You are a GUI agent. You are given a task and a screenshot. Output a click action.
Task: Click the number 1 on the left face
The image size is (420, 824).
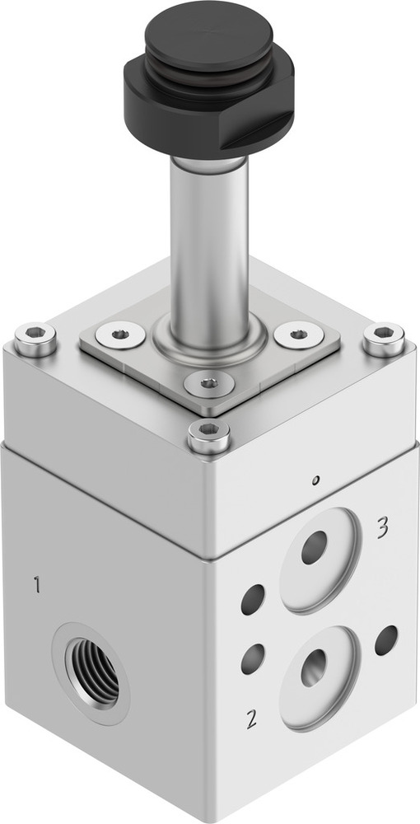(x=36, y=586)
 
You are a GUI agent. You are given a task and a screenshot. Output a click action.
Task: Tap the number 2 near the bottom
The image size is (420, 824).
(x=251, y=718)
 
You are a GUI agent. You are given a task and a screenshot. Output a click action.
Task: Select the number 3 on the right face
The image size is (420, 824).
(x=382, y=527)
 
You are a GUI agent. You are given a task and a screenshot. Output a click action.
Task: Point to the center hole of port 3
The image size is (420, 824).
(x=314, y=548)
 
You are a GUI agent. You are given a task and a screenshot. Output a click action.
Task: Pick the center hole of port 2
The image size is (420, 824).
(x=313, y=667)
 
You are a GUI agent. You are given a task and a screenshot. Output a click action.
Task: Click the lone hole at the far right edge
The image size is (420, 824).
(x=385, y=640)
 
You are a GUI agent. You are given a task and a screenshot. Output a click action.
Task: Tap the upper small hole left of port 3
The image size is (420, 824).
(x=253, y=599)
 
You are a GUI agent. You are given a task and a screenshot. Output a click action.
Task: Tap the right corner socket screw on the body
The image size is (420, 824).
(x=383, y=338)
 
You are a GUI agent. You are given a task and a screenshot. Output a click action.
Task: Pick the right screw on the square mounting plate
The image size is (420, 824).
(x=296, y=334)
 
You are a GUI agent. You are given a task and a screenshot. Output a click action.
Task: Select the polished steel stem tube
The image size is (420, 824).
(x=209, y=239)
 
